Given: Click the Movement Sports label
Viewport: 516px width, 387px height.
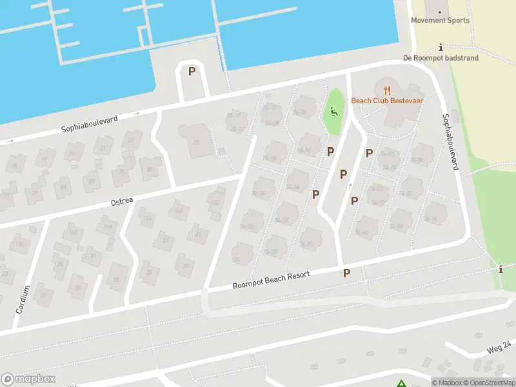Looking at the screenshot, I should [x=441, y=20].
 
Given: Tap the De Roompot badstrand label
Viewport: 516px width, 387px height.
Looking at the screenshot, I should [x=441, y=58].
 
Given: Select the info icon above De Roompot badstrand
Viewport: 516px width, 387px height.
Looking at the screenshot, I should [x=441, y=48].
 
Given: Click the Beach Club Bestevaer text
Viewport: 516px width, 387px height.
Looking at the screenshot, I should [x=386, y=101].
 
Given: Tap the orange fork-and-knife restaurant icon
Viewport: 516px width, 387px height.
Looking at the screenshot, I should [x=386, y=90].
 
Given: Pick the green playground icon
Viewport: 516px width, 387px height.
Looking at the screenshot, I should [x=333, y=111].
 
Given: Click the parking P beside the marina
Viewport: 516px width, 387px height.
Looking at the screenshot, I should [x=192, y=72].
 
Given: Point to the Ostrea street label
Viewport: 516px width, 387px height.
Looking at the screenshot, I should [x=121, y=201].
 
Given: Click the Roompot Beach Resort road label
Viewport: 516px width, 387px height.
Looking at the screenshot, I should [x=271, y=280].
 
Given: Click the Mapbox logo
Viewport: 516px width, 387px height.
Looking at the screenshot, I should [x=28, y=379].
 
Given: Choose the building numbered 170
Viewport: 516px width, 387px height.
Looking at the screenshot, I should [x=215, y=203].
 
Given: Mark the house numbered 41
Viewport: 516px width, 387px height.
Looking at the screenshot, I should [x=198, y=234].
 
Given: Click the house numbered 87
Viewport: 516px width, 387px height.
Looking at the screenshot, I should [x=150, y=170].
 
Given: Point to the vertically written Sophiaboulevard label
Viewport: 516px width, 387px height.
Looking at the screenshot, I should [x=450, y=142].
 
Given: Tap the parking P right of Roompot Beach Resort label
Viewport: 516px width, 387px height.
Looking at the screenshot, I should [x=346, y=273].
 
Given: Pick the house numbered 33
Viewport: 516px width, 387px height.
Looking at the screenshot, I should [x=115, y=280].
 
